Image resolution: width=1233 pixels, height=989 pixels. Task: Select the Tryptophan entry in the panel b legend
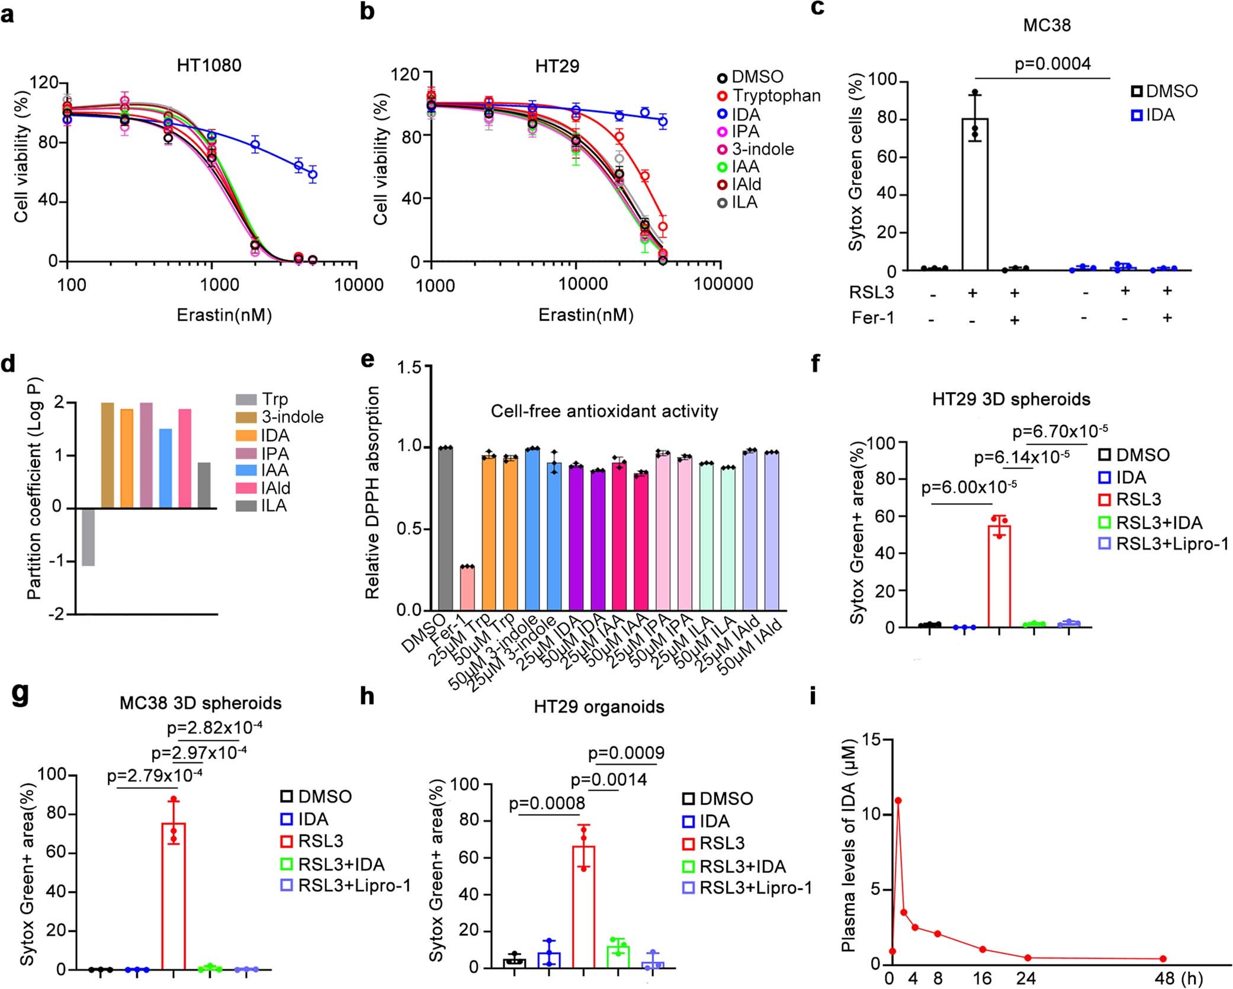pyautogui.click(x=776, y=95)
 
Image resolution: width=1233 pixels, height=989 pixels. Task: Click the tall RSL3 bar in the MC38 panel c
pyautogui.click(x=974, y=195)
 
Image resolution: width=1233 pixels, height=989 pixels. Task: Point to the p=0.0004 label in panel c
pyautogui.click(x=1052, y=63)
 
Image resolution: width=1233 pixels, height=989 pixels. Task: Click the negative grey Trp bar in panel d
pyautogui.click(x=88, y=537)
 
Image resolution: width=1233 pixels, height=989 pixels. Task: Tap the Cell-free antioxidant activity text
pyautogui.click(x=604, y=411)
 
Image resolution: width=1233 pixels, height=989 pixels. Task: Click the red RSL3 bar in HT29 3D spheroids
pyautogui.click(x=999, y=574)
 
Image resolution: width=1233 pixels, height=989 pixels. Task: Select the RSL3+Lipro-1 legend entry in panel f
pyautogui.click(x=1171, y=544)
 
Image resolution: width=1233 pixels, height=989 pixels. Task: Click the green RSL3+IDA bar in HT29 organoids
pyautogui.click(x=618, y=955)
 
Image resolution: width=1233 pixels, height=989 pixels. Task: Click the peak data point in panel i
pyautogui.click(x=898, y=801)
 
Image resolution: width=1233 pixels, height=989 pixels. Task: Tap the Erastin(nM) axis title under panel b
pyautogui.click(x=586, y=315)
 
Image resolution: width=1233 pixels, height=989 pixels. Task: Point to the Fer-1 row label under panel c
pyautogui.click(x=872, y=318)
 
